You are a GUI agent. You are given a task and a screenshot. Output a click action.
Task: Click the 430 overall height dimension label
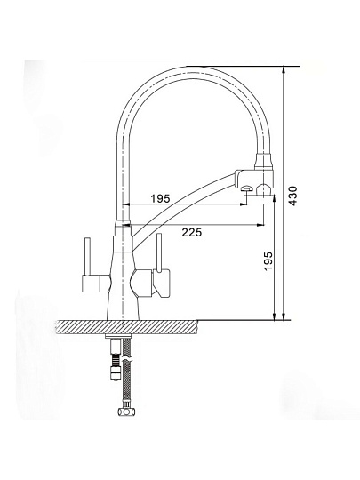tap(292, 196)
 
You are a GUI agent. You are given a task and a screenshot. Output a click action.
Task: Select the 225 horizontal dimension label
tap(192, 233)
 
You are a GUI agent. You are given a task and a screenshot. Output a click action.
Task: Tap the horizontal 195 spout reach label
tap(160, 199)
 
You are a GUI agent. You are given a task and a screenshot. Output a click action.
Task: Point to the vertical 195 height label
tap(268, 260)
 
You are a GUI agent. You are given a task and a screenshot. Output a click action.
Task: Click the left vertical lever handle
tap(88, 256)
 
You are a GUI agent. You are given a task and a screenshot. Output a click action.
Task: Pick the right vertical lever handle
tap(159, 252)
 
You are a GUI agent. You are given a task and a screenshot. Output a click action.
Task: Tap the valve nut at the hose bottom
tap(126, 412)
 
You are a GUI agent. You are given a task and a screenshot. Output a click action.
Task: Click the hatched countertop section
tap(126, 327)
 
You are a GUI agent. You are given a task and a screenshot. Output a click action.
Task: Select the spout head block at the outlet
tap(254, 177)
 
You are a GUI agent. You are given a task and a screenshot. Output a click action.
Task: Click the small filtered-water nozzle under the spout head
tap(246, 188)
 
